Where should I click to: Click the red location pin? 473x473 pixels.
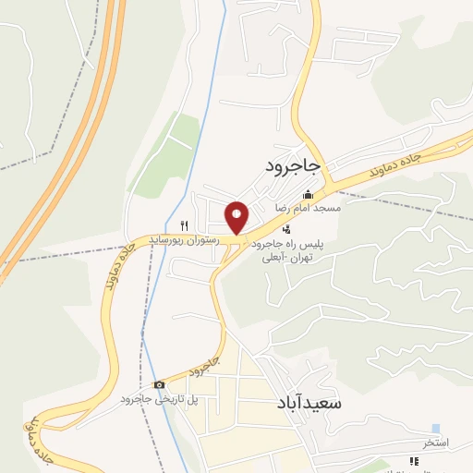(237, 217)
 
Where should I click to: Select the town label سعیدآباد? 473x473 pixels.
(309, 405)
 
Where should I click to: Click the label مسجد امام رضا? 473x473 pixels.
(314, 209)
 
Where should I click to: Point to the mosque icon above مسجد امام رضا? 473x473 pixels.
(308, 195)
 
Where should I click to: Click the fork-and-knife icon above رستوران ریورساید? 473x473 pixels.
(184, 225)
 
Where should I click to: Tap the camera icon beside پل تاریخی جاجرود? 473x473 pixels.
(159, 384)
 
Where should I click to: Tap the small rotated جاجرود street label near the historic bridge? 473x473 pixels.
(205, 364)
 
